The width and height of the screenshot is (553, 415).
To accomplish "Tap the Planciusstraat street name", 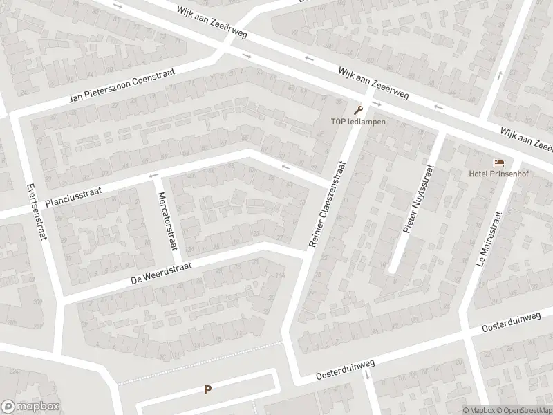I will (76, 194).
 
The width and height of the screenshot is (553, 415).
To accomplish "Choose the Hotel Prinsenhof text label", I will (498, 174).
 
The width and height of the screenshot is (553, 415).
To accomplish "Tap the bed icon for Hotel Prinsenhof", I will (498, 163).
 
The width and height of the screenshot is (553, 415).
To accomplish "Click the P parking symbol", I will (207, 390).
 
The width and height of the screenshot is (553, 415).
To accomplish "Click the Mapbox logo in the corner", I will (30, 407).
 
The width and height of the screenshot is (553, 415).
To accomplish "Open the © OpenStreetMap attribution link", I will (521, 410).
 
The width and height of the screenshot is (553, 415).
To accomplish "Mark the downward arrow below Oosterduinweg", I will (367, 374).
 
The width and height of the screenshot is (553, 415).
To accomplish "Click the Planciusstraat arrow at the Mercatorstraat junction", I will (153, 176).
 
